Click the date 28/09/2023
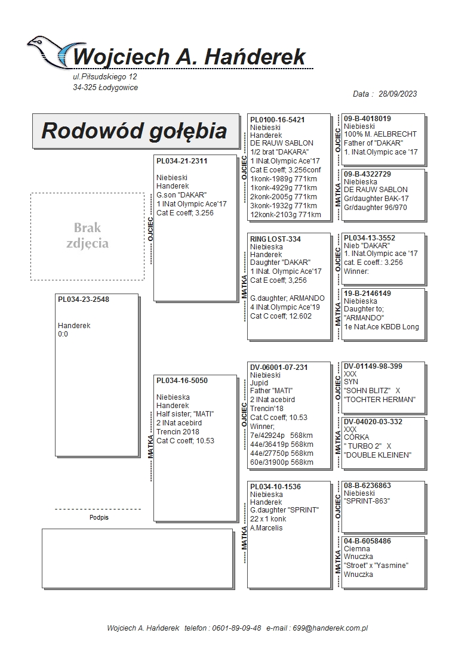[x=398, y=94]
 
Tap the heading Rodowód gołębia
[x=134, y=131]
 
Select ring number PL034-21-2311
[x=182, y=161]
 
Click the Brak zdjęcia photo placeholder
[x=87, y=236]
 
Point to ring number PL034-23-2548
[x=84, y=300]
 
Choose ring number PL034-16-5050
[x=182, y=381]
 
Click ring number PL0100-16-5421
[x=278, y=120]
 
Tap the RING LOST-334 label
[x=276, y=239]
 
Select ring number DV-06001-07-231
[x=279, y=368]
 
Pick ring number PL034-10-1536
[x=276, y=487]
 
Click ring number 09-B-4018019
[x=368, y=119]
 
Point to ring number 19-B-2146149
[x=368, y=294]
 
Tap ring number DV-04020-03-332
[x=373, y=422]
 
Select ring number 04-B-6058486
[x=368, y=541]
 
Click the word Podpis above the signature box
[x=99, y=518]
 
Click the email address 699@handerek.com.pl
[x=334, y=628]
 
